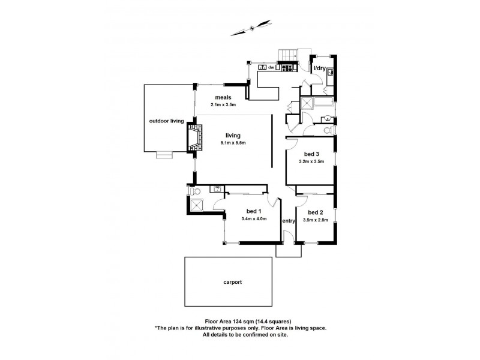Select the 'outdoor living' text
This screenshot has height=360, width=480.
coord(167,121)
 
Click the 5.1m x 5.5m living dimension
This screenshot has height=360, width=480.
coord(233,142)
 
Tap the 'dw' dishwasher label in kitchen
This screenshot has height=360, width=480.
coord(271,68)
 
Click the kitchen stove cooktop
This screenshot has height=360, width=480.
coord(287,68)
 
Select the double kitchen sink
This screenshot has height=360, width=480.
coord(262,68)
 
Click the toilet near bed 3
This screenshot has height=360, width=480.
coord(328,130)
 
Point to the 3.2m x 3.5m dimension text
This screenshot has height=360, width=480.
coord(311,161)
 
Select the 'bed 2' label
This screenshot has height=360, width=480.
coord(316,212)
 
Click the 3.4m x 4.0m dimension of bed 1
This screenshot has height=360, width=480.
coord(253,218)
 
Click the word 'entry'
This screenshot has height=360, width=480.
coord(289,221)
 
